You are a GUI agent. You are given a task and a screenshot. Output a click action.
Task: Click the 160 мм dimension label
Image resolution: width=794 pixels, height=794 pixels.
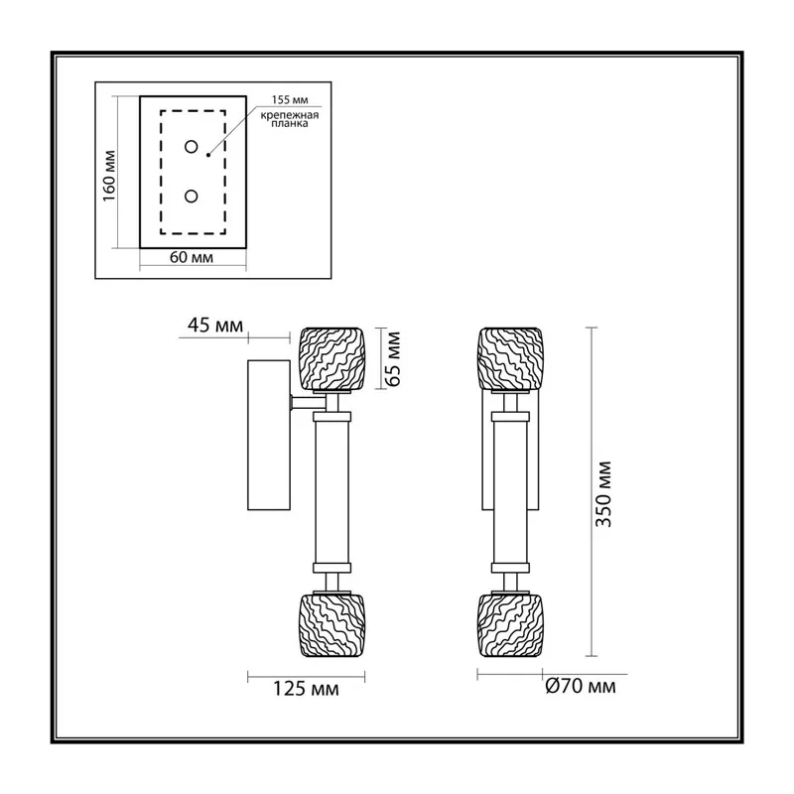click(109, 176)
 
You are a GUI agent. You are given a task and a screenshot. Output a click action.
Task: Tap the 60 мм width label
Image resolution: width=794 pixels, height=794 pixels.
click(192, 257)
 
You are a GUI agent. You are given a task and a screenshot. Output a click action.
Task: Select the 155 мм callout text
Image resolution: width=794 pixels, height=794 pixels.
click(290, 100)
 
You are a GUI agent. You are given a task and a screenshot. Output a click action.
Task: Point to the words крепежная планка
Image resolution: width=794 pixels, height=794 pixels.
click(290, 119)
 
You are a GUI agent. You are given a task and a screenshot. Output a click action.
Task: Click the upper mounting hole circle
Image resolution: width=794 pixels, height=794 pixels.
click(191, 147)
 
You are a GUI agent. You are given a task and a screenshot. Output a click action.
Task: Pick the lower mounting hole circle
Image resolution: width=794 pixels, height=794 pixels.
click(191, 196)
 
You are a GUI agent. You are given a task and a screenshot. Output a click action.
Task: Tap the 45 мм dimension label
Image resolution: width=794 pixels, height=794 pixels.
click(215, 326)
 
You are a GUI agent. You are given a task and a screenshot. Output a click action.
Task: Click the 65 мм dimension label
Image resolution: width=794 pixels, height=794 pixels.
click(393, 359)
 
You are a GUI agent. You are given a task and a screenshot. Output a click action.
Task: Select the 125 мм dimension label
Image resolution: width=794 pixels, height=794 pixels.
click(306, 689)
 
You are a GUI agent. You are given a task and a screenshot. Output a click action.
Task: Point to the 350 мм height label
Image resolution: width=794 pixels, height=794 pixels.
click(603, 494)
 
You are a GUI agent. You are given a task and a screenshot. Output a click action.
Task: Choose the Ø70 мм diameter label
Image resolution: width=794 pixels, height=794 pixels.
click(581, 686)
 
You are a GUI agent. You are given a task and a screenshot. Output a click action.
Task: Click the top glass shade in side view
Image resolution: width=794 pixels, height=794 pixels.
click(331, 359)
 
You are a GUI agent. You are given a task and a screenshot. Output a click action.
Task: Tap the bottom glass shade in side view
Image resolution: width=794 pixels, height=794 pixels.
click(331, 626)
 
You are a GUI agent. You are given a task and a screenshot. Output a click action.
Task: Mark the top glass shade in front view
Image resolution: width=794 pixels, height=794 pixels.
click(511, 359)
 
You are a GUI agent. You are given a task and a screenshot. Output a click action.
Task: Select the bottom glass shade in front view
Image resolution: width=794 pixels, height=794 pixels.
click(511, 626)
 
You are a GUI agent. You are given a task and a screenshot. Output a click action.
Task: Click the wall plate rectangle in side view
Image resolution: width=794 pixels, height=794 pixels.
click(269, 435)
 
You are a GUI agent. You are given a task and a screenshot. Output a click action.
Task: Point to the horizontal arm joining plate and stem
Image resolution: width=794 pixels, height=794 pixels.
click(308, 403)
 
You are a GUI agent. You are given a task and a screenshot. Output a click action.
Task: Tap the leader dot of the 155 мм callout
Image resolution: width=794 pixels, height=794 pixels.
click(208, 155)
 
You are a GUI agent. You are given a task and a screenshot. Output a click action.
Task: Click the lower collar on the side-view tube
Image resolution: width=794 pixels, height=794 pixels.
click(331, 568)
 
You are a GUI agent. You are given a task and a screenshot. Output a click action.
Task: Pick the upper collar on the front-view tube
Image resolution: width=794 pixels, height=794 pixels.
click(511, 417)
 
